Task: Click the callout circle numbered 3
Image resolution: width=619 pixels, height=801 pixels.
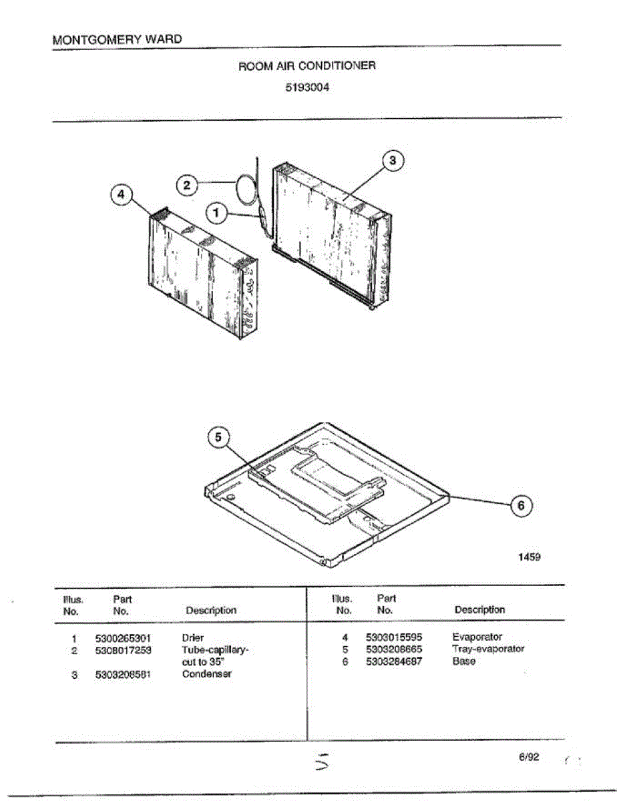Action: click(x=393, y=160)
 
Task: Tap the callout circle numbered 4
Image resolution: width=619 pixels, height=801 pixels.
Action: click(x=121, y=194)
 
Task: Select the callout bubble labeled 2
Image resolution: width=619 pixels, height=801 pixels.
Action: click(x=188, y=185)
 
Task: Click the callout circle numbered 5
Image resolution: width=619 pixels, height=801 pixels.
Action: click(x=219, y=437)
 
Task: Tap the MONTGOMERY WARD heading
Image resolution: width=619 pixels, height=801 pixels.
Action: click(x=117, y=39)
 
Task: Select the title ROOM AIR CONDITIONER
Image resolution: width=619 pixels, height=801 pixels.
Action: click(x=307, y=66)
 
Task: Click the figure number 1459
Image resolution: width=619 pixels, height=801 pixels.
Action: click(x=529, y=557)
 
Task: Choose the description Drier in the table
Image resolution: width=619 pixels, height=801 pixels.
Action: click(x=193, y=637)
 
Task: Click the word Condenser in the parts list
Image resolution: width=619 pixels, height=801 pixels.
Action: click(x=207, y=674)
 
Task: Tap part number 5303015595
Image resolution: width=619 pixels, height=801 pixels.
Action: click(x=394, y=637)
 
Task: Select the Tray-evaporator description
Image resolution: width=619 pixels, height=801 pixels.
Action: click(x=488, y=649)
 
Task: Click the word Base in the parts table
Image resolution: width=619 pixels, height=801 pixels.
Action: click(x=464, y=661)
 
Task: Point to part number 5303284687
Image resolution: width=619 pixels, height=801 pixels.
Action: click(x=394, y=661)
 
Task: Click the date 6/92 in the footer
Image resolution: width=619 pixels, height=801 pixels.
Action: click(x=528, y=757)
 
